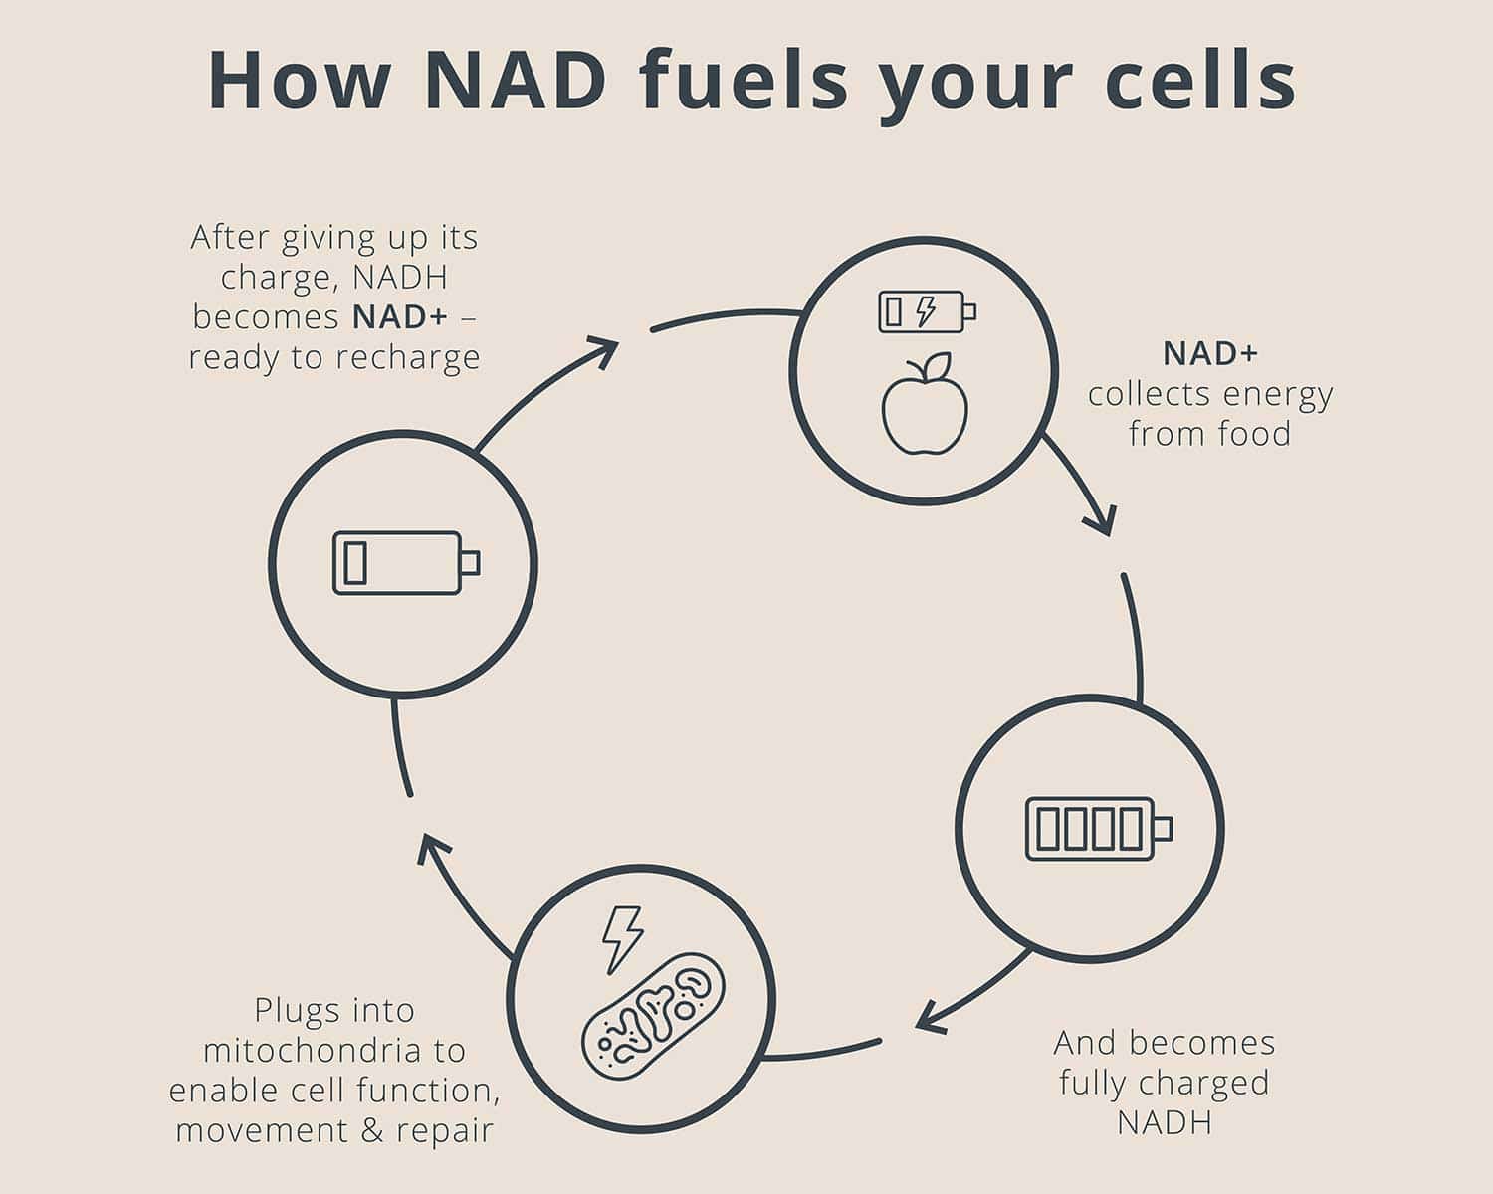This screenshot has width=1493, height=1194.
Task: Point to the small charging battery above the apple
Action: (x=927, y=311)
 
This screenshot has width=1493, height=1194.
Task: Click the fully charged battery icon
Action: (x=1098, y=828)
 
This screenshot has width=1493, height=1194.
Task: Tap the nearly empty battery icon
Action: (x=405, y=563)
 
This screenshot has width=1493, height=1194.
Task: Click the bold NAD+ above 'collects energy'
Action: (x=1210, y=353)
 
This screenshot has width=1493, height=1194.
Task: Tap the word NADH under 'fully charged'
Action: (x=1164, y=1122)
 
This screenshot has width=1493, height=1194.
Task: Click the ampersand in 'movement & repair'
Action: (x=373, y=1130)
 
